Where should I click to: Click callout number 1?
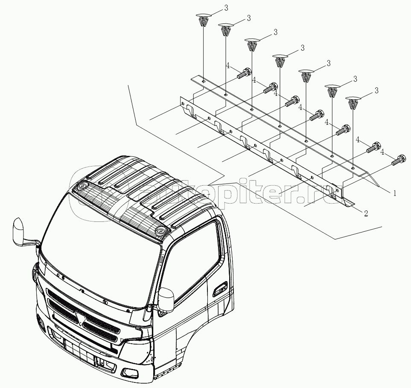(x=394, y=193)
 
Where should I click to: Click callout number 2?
(x=366, y=213)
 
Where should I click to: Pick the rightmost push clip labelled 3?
(x=353, y=103)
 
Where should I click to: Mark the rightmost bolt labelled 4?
(x=399, y=160)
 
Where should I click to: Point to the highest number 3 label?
(x=226, y=8)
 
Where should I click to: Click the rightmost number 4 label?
(x=383, y=152)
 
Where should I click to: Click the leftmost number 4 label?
(x=228, y=66)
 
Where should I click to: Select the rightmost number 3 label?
(x=377, y=91)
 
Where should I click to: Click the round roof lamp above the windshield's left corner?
(x=82, y=186)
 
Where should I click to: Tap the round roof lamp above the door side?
(x=160, y=230)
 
